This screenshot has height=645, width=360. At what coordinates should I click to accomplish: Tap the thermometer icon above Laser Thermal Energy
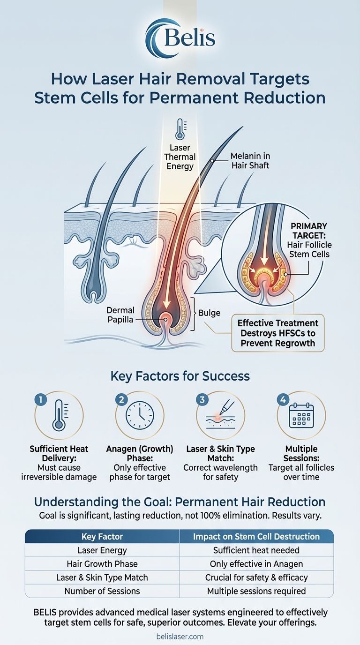(x=180, y=129)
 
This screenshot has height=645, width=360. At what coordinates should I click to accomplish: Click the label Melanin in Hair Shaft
(x=250, y=160)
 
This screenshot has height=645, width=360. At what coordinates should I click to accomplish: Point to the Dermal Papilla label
(x=120, y=315)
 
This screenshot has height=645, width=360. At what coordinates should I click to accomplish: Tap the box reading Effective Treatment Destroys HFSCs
(x=278, y=332)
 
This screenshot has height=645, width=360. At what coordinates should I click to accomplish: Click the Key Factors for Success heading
(x=180, y=376)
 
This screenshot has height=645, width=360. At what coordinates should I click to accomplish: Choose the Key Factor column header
(x=102, y=537)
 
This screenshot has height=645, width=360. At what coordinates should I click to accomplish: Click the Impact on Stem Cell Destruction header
(x=256, y=537)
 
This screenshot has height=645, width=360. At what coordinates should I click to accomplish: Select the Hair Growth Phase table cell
(x=102, y=564)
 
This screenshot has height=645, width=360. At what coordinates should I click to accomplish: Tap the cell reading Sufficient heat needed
(x=256, y=550)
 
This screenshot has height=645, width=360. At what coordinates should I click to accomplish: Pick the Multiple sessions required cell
(x=256, y=591)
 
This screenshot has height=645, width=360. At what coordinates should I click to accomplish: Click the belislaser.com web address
(x=180, y=636)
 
